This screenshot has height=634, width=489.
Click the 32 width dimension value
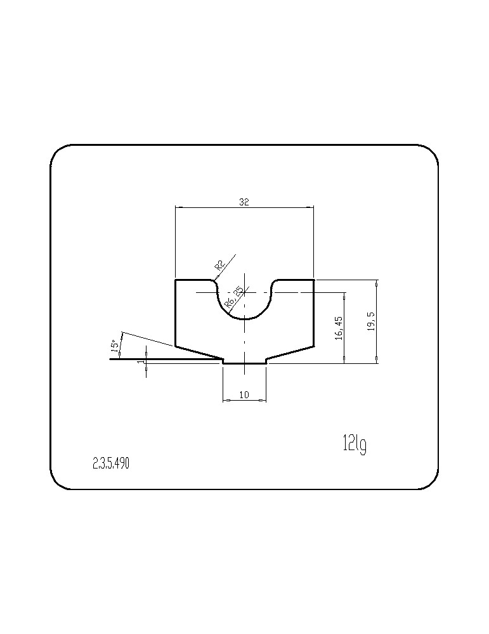244,202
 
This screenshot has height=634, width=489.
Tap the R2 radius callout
219,265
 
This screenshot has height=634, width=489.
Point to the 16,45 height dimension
339,328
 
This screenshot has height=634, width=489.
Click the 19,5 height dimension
372,321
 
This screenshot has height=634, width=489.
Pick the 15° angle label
115,344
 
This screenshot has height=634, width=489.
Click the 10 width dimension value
244,394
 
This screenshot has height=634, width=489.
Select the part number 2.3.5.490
111,464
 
